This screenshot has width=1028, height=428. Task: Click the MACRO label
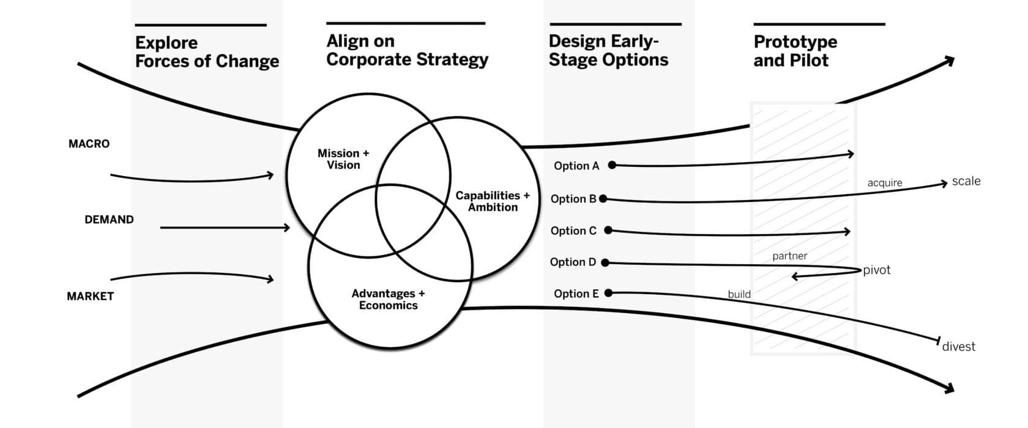pyautogui.click(x=89, y=144)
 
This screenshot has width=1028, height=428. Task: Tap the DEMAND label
pyautogui.click(x=109, y=220)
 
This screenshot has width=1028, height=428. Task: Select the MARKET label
pyautogui.click(x=91, y=296)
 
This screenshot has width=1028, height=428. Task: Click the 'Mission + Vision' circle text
pyautogui.click(x=343, y=159)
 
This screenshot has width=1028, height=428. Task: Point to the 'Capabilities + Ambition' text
pyautogui.click(x=493, y=201)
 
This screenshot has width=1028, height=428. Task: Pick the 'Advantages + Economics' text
pyautogui.click(x=388, y=299)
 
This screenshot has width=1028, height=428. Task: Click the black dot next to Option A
pyautogui.click(x=612, y=164)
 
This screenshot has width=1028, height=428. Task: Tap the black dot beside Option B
pyautogui.click(x=603, y=199)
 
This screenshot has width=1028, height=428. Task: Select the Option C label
pyautogui.click(x=574, y=231)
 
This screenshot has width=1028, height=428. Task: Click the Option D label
pyautogui.click(x=573, y=262)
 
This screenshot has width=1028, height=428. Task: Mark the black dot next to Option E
pyautogui.click(x=608, y=293)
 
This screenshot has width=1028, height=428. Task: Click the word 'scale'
pyautogui.click(x=966, y=181)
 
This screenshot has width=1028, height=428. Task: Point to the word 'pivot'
pyautogui.click(x=876, y=270)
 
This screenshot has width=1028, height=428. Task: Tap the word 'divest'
pyautogui.click(x=959, y=346)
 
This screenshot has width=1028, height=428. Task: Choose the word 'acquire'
pyautogui.click(x=885, y=183)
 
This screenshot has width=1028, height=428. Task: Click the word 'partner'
pyautogui.click(x=790, y=256)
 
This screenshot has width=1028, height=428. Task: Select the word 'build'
pyautogui.click(x=739, y=294)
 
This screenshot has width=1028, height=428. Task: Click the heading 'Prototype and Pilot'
pyautogui.click(x=795, y=51)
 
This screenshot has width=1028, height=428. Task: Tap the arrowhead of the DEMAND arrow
pyautogui.click(x=286, y=227)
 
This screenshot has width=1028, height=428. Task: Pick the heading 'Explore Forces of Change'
pyautogui.click(x=207, y=52)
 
